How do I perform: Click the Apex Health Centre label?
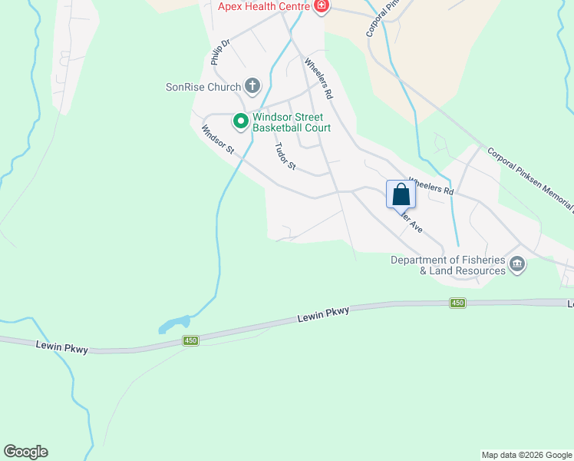pyautogui.click(x=262, y=6)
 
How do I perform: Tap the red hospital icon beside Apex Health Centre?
pyautogui.click(x=321, y=7)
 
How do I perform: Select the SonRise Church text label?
pyautogui.click(x=203, y=87)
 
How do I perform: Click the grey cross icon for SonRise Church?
pyautogui.click(x=252, y=86)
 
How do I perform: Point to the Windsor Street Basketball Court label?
pyautogui.click(x=292, y=122)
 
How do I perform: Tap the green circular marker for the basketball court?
pyautogui.click(x=240, y=121)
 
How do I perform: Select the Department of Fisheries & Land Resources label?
pyautogui.click(x=448, y=265)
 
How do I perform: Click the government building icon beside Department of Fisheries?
pyautogui.click(x=517, y=265)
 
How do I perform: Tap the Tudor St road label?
pyautogui.click(x=285, y=156)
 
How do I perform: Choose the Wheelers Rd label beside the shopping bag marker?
pyautogui.click(x=431, y=186)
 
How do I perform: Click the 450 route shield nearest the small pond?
pyautogui.click(x=191, y=340)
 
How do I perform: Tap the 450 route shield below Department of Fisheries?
pyautogui.click(x=457, y=303)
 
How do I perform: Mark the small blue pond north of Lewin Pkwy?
pyautogui.click(x=174, y=324)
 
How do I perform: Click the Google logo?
pyautogui.click(x=25, y=452)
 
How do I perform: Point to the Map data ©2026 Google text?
pyautogui.click(x=526, y=455)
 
